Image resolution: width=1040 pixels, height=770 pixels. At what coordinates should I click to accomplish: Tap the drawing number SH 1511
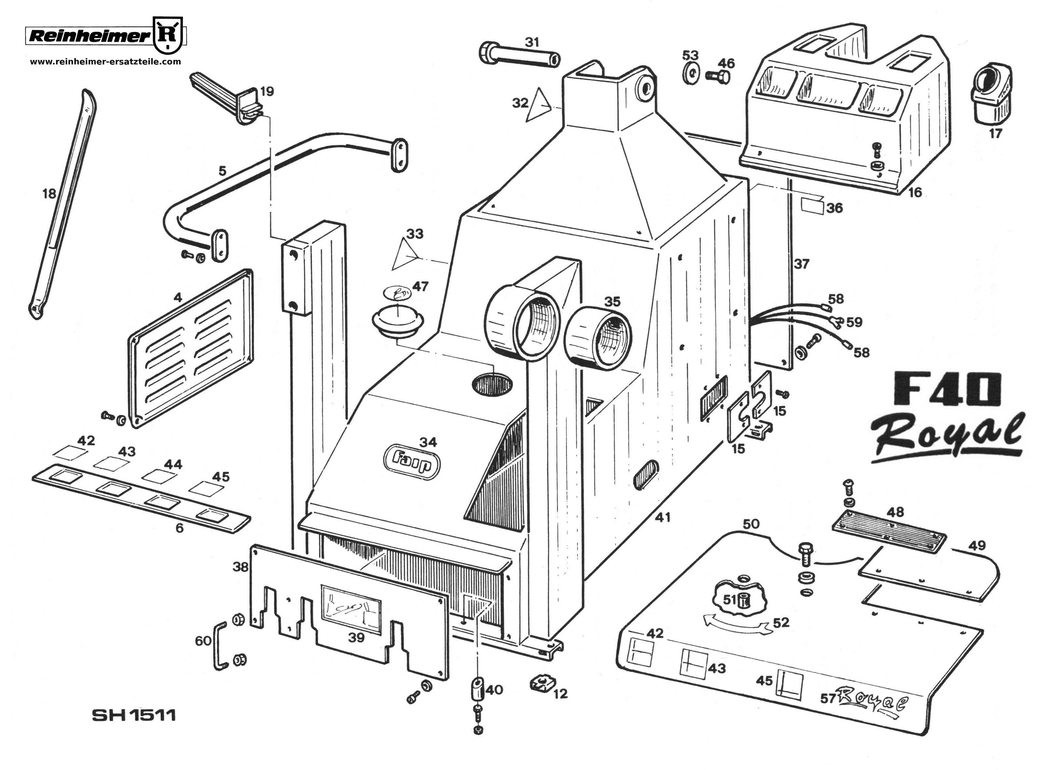pyautogui.click(x=134, y=715)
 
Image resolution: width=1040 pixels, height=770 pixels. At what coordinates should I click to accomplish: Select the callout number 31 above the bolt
pyautogui.click(x=532, y=42)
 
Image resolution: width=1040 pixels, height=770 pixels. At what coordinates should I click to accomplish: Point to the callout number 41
pyautogui.click(x=662, y=517)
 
